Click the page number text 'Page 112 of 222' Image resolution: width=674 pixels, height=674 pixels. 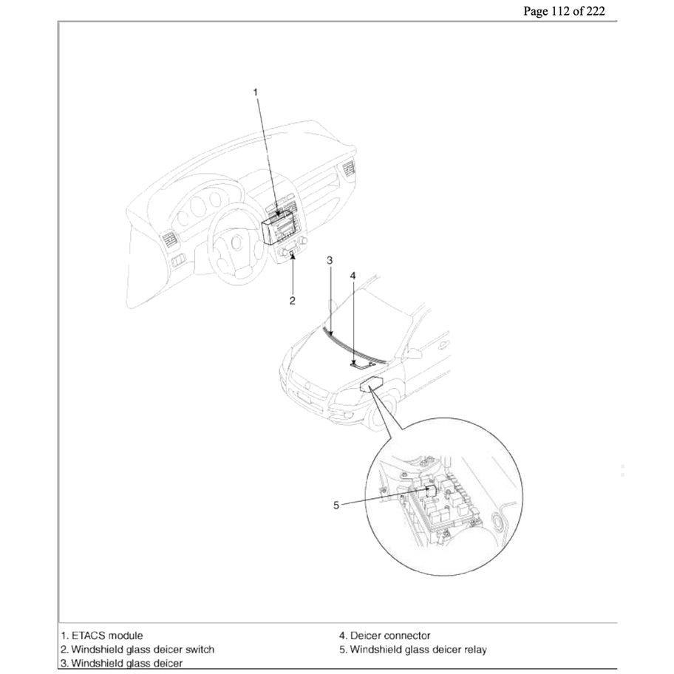pyautogui.click(x=568, y=11)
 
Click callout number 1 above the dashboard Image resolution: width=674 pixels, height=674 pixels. pyautogui.click(x=256, y=92)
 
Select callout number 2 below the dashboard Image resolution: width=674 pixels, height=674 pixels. pyautogui.click(x=293, y=300)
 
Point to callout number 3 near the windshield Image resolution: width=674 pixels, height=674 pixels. pyautogui.click(x=330, y=260)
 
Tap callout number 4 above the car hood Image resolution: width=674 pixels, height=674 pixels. pyautogui.click(x=353, y=275)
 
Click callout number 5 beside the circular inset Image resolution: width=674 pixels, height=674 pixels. pyautogui.click(x=336, y=505)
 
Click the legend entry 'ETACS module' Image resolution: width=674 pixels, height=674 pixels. pyautogui.click(x=102, y=635)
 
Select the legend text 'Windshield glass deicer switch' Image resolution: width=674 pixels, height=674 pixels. pyautogui.click(x=137, y=650)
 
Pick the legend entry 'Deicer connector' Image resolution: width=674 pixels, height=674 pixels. pyautogui.click(x=384, y=635)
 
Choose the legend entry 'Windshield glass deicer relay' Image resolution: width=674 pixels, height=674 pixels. pyautogui.click(x=412, y=650)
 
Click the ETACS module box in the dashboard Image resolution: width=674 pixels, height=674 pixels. pyautogui.click(x=279, y=227)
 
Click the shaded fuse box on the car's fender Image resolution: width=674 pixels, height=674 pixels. pyautogui.click(x=372, y=384)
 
